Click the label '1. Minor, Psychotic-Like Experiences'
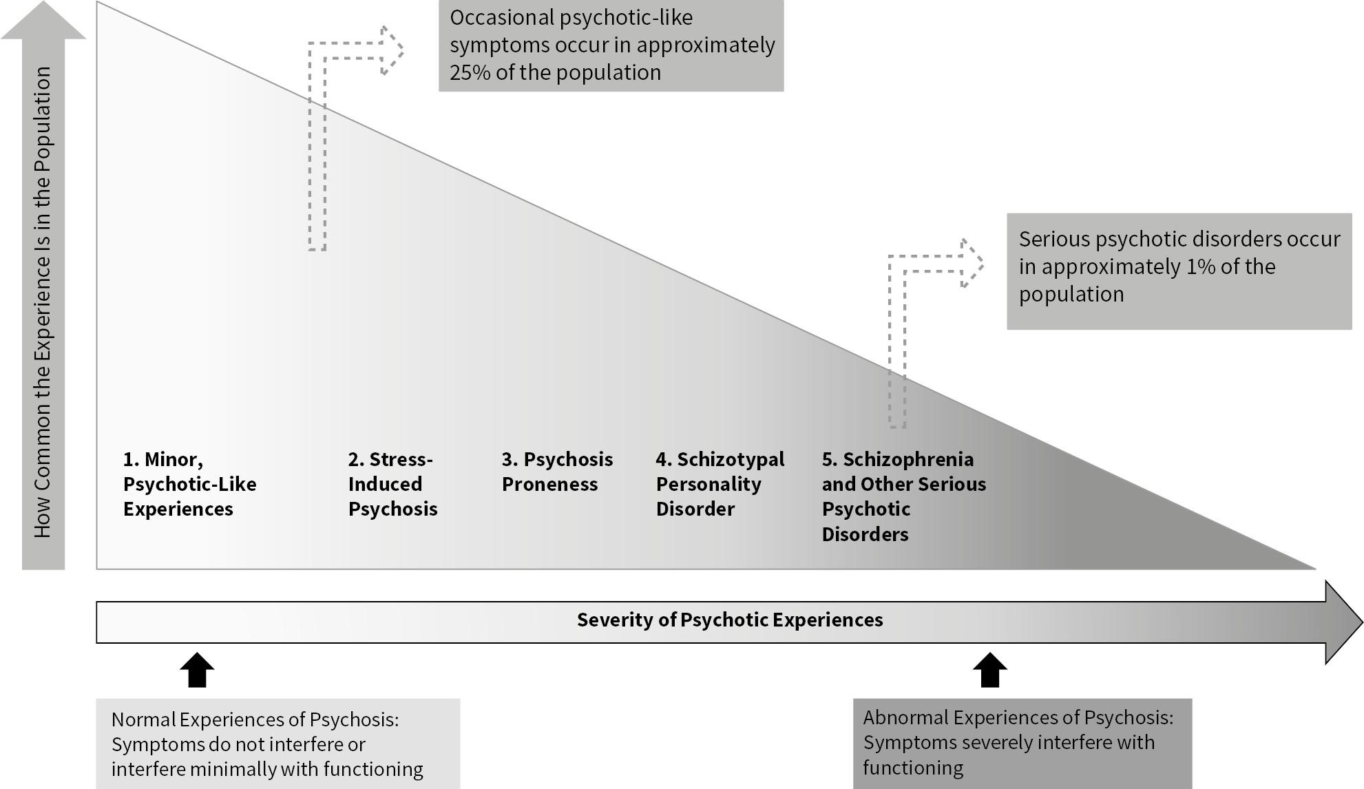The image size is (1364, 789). [189, 484]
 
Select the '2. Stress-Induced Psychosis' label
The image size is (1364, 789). [392, 484]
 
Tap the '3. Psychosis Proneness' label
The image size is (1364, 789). [557, 472]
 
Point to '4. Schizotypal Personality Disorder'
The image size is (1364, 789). [720, 484]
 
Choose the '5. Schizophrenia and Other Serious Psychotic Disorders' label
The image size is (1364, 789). [903, 496]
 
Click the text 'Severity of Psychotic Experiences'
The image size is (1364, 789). [730, 620]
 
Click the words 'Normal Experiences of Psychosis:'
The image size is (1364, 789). [255, 719]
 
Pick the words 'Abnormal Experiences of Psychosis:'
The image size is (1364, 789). [1018, 717]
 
